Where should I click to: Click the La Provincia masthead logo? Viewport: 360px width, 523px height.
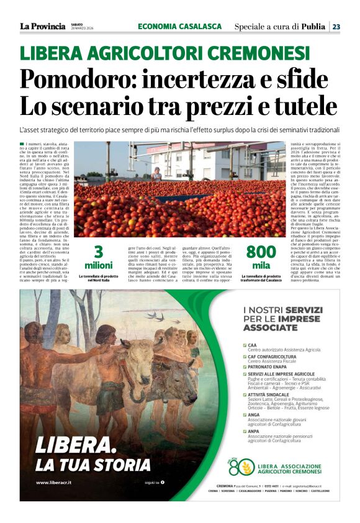(x=42, y=26)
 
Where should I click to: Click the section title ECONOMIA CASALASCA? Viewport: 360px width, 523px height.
(x=179, y=26)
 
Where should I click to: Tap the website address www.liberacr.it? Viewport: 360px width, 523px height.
(x=52, y=482)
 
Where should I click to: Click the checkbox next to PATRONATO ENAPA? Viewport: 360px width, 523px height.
(x=245, y=365)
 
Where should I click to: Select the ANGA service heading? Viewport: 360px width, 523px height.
(x=253, y=415)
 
